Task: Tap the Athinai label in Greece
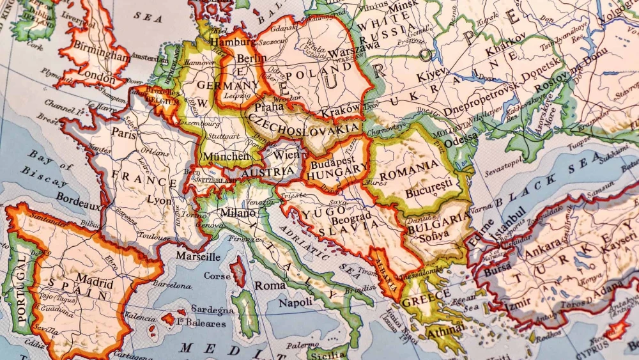click(x=445, y=331)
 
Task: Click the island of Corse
click(x=238, y=271)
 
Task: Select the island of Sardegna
click(x=246, y=313)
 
